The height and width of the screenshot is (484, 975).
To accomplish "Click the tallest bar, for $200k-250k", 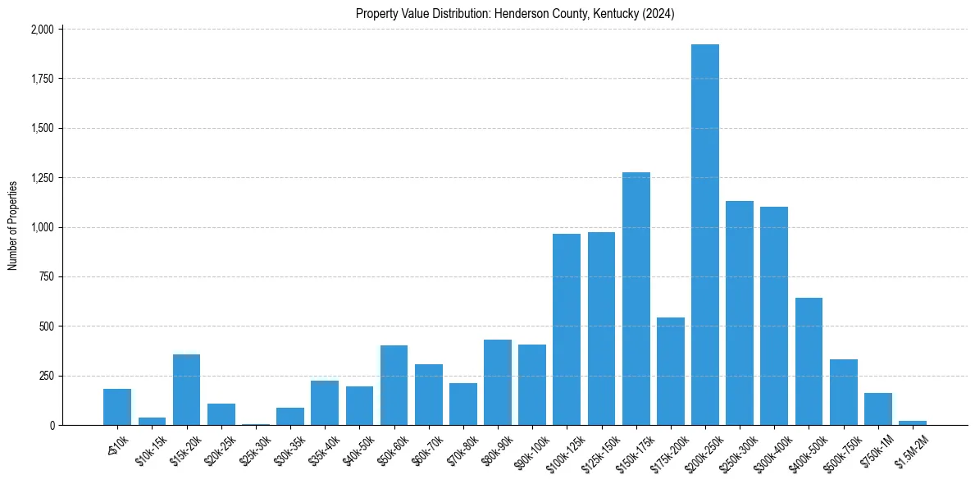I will click(705, 235).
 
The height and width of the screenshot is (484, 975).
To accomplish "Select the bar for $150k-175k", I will click(636, 299).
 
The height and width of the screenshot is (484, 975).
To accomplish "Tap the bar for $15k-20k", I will click(187, 390).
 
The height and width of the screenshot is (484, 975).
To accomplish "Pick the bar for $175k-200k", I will click(671, 372).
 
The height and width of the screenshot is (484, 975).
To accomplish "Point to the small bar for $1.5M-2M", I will click(913, 422).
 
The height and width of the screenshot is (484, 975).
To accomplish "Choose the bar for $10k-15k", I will click(152, 421).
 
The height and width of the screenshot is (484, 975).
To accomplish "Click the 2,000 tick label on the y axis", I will click(42, 30).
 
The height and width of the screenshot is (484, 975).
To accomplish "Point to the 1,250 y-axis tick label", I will click(42, 178).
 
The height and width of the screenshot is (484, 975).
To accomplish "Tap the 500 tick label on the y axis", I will click(47, 326).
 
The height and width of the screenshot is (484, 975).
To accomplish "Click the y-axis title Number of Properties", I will click(13, 226).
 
